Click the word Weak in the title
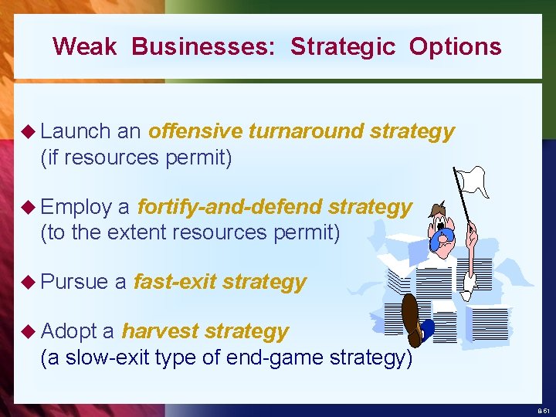pyautogui.click(x=84, y=46)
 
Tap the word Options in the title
pyautogui.click(x=455, y=46)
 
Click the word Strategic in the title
pyautogui.click(x=342, y=46)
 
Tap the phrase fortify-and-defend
pyautogui.click(x=229, y=207)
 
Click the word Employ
pyautogui.click(x=76, y=207)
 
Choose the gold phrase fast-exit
pyautogui.click(x=175, y=282)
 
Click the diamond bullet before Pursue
pyautogui.click(x=29, y=283)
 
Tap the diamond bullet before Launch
pyautogui.click(x=29, y=132)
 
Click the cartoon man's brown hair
pyautogui.click(x=438, y=209)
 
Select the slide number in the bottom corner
pyautogui.click(x=544, y=411)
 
